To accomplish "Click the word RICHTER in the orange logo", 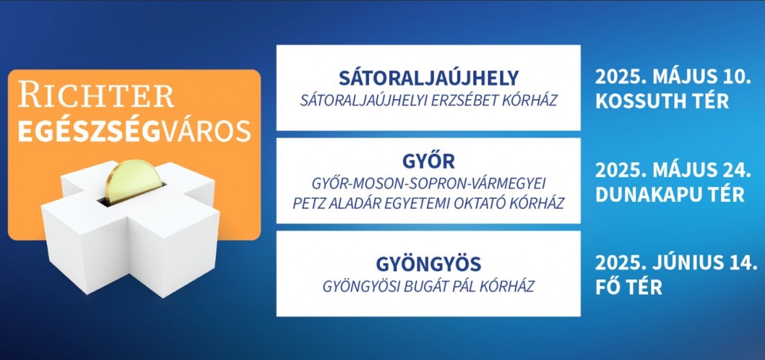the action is [x=96, y=95].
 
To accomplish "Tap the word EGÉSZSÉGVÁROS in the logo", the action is [x=134, y=131].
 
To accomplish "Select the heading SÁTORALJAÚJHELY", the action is [x=428, y=78].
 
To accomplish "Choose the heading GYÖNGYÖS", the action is [x=428, y=263].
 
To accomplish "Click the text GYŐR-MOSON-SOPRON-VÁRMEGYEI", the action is [x=428, y=184].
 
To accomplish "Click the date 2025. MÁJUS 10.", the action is [x=673, y=76].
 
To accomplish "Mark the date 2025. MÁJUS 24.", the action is [x=673, y=170].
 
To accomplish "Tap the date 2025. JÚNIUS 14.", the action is [x=676, y=263].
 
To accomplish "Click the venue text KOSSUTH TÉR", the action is [x=662, y=101].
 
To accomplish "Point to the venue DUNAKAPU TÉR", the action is [x=670, y=195].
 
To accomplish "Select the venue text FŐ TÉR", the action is [x=629, y=287].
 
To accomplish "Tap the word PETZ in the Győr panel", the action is [x=308, y=203].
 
